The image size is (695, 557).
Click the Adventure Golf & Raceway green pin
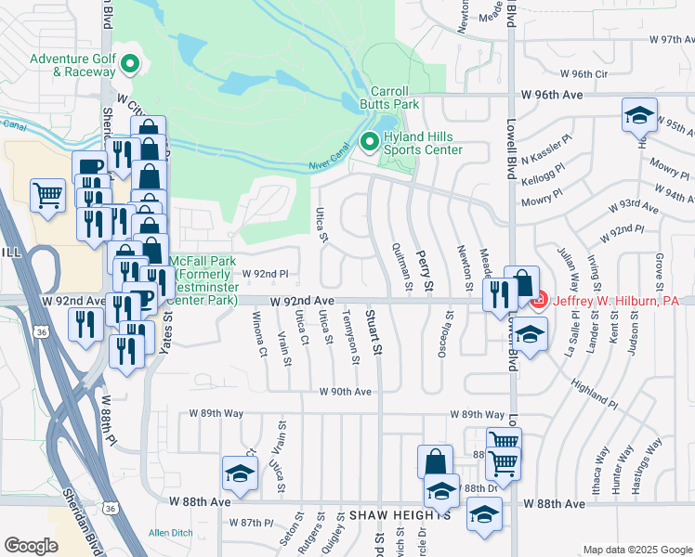point(131,64)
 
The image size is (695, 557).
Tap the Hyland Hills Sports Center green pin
point(369,142)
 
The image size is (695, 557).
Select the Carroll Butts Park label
point(397,98)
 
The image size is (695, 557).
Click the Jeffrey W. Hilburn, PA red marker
point(538,301)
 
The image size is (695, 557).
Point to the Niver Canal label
point(328,164)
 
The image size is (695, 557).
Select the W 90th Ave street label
point(345,392)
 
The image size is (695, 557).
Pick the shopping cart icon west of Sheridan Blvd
point(47,196)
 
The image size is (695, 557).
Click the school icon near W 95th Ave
point(639,115)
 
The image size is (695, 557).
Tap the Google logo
point(31,546)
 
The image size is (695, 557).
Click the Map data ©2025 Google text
point(636,550)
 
